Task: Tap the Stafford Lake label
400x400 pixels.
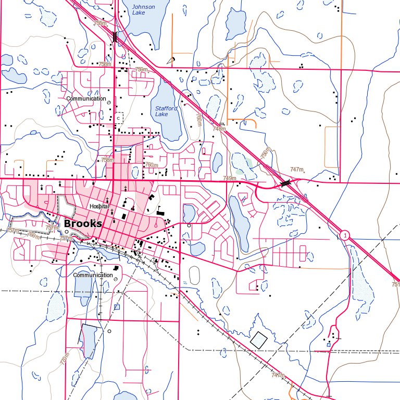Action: [x=166, y=111]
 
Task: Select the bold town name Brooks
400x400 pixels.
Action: [x=83, y=223]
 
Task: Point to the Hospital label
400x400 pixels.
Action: [x=98, y=206]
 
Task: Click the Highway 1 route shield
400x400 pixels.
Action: [x=344, y=236]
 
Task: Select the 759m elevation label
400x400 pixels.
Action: [x=141, y=69]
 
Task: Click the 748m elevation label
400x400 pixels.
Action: [x=220, y=128]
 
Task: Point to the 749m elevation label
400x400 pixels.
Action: [x=230, y=179]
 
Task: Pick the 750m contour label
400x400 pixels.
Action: [x=265, y=154]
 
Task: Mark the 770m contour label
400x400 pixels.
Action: [x=65, y=359]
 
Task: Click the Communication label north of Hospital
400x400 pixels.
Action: [x=86, y=98]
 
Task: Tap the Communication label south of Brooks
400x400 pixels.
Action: [x=93, y=275]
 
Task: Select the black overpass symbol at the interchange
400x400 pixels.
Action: [x=285, y=183]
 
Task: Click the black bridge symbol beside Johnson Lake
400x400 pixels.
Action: [x=115, y=37]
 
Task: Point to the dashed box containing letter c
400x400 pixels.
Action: [x=119, y=118]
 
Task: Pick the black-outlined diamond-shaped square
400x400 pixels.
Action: [x=258, y=340]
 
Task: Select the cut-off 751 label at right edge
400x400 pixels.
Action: [x=395, y=284]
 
